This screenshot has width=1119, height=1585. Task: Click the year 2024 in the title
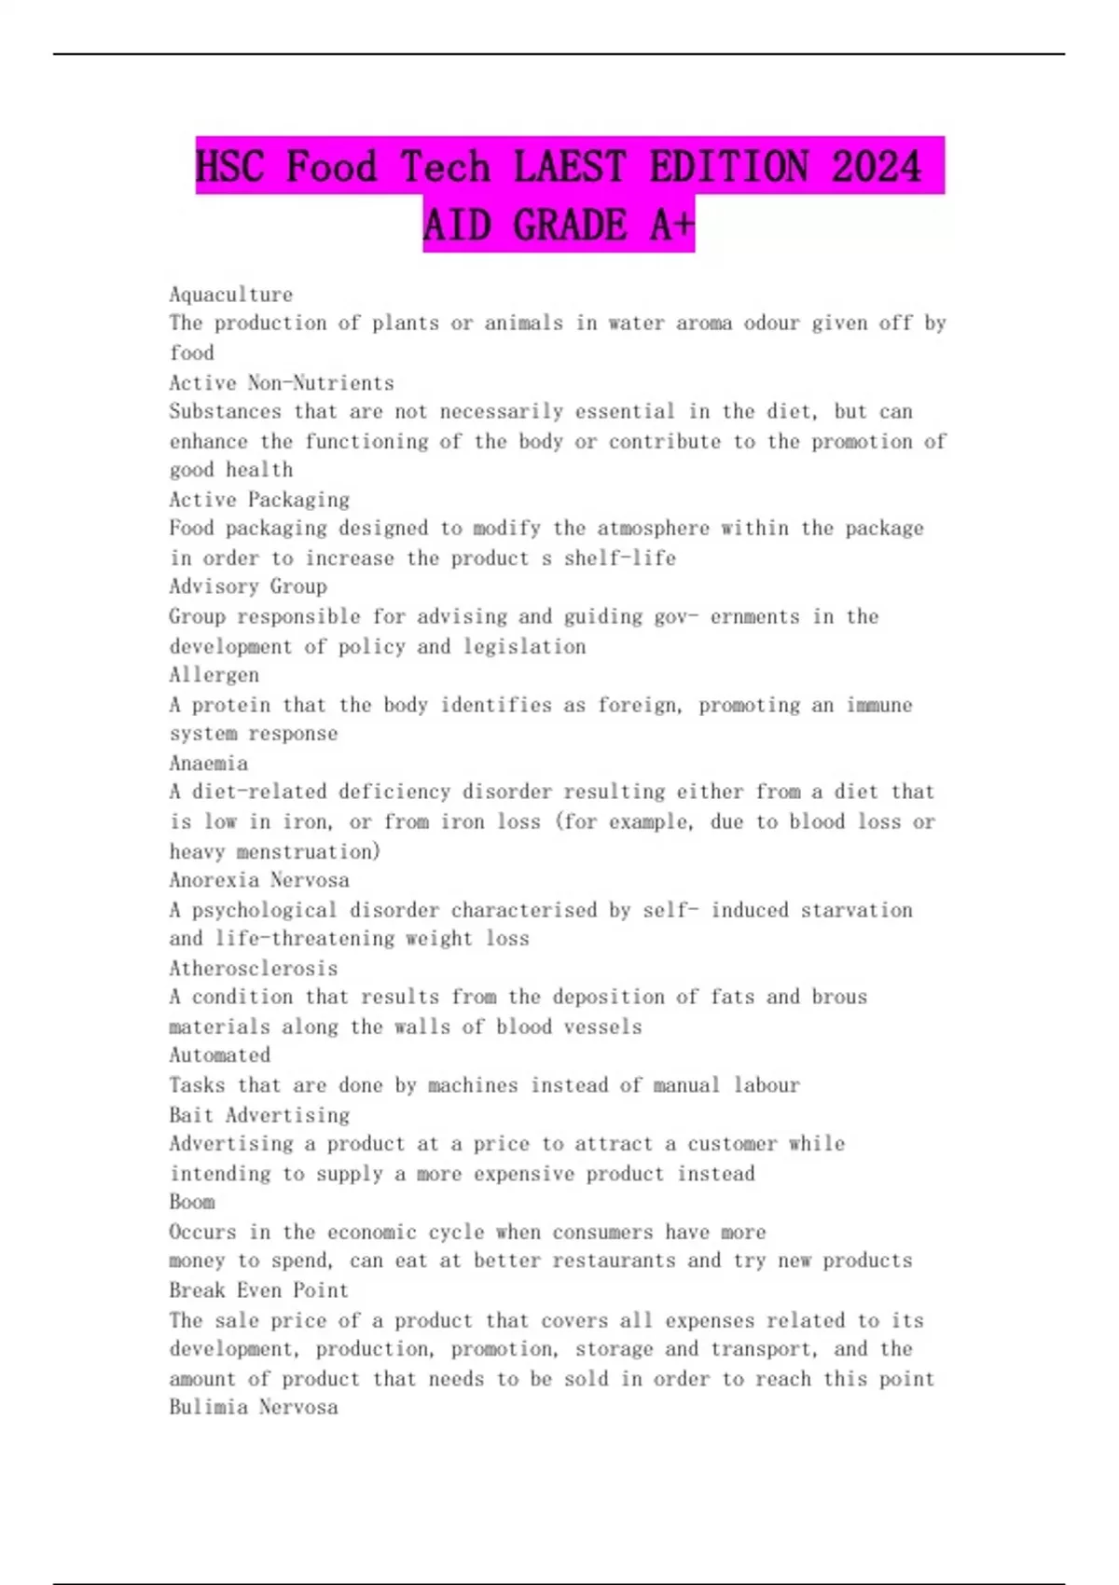click(x=876, y=167)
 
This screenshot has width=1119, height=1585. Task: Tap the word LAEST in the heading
click(x=569, y=167)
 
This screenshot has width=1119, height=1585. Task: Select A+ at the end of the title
click(x=671, y=225)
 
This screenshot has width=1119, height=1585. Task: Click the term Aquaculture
click(x=230, y=295)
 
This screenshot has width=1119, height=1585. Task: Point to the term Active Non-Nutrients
click(x=281, y=382)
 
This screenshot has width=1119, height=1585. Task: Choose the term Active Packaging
click(x=258, y=499)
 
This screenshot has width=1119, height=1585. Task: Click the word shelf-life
click(x=619, y=558)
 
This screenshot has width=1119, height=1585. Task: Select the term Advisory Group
click(x=247, y=586)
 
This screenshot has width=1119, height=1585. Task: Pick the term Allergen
click(x=214, y=675)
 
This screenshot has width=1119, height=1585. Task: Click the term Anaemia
click(x=208, y=763)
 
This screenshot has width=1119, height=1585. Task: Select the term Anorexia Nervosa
click(x=258, y=880)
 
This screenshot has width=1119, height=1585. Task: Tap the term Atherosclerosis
click(x=253, y=968)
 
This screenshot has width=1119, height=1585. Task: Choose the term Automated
click(x=219, y=1055)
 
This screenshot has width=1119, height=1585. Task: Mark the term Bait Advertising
click(x=258, y=1115)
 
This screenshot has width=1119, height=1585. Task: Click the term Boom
click(x=191, y=1202)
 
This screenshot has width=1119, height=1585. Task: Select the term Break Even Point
click(x=258, y=1290)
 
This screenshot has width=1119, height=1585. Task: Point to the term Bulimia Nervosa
click(x=253, y=1407)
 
